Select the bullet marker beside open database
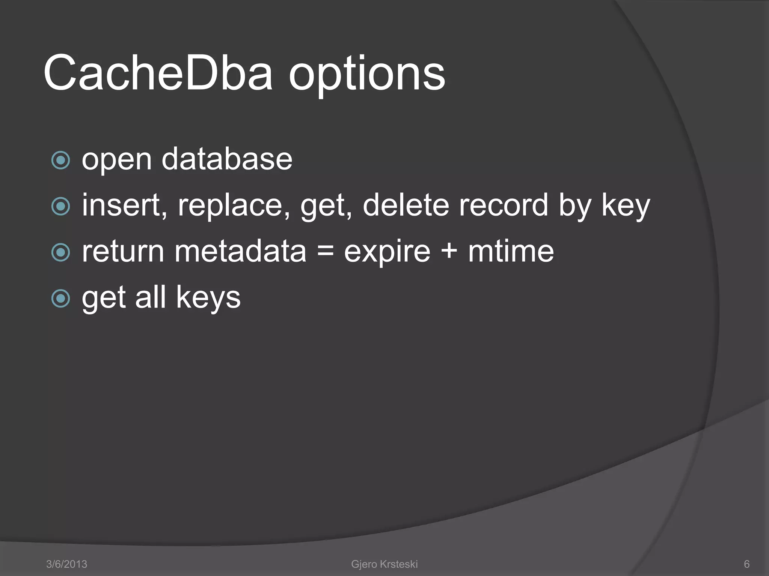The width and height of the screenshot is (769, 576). [x=60, y=160]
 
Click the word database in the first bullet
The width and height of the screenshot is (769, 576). [x=227, y=159]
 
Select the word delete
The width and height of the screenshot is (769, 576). [x=406, y=205]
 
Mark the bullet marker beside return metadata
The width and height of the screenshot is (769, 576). [x=60, y=252]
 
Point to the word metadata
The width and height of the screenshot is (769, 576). [x=240, y=251]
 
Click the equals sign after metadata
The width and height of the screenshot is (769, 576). [x=325, y=251]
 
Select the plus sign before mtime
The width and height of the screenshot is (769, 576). [x=449, y=251]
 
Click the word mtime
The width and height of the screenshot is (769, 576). [x=511, y=251]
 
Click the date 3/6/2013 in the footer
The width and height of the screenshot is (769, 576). [x=66, y=564]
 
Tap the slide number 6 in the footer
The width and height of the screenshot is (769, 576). [x=747, y=564]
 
